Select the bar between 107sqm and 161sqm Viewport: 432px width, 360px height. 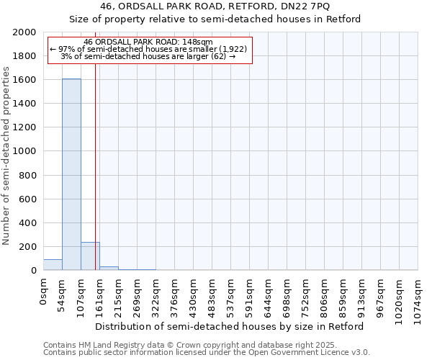90,256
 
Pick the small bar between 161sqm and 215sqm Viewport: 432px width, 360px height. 109,268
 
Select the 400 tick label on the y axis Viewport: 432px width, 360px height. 28,223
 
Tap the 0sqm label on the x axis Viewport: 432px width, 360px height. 44,291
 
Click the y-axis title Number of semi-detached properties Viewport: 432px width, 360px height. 6,156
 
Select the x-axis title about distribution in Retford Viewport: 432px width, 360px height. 230,326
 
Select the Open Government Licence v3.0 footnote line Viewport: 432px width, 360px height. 207,353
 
